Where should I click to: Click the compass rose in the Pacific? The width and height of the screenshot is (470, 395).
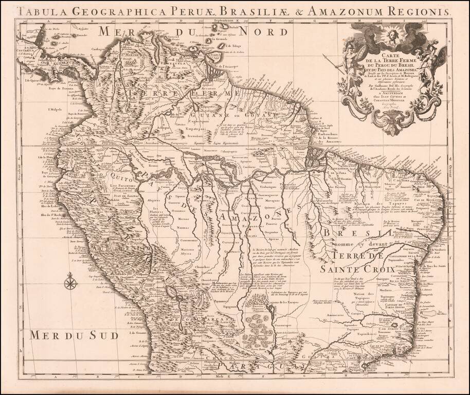click(x=70, y=280)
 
